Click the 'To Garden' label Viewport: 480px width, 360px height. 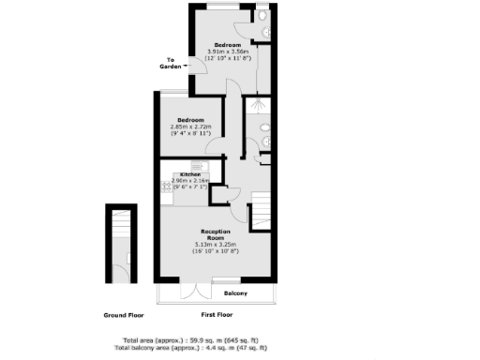[171, 63]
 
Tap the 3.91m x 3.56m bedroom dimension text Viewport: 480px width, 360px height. [229, 52]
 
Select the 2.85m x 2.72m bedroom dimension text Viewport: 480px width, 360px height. [192, 128]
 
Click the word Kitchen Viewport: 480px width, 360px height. [190, 174]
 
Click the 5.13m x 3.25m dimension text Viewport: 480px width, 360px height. [215, 246]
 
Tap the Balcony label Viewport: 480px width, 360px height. [236, 293]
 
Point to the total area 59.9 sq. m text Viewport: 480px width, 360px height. [196, 339]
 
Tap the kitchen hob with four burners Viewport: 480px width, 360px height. [166, 191]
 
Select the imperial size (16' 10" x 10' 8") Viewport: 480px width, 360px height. [215, 252]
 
